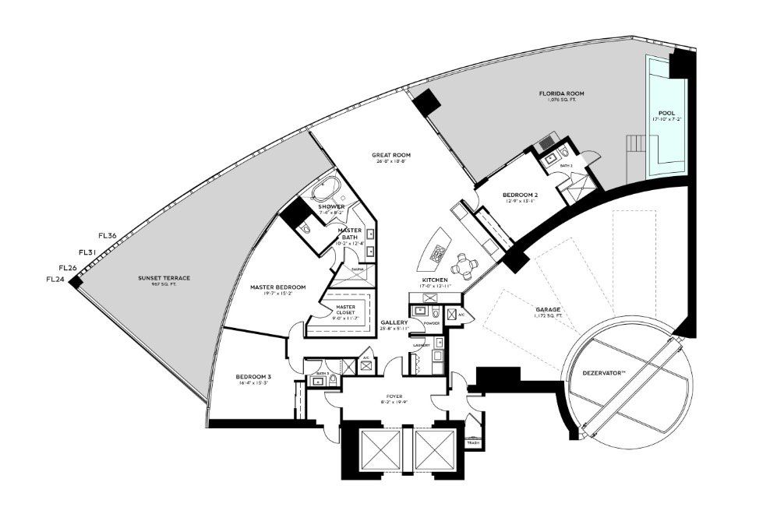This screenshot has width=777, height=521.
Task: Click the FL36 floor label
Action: tap(108, 236)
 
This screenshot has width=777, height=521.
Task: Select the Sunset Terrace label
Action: tap(164, 278)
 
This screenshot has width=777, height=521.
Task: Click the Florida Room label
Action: tap(561, 93)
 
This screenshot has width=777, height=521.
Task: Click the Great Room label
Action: tap(390, 155)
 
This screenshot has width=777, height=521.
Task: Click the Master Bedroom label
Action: tap(277, 287)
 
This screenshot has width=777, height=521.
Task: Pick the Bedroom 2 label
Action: tap(520, 195)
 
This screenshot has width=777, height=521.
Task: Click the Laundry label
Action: tap(422, 344)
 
